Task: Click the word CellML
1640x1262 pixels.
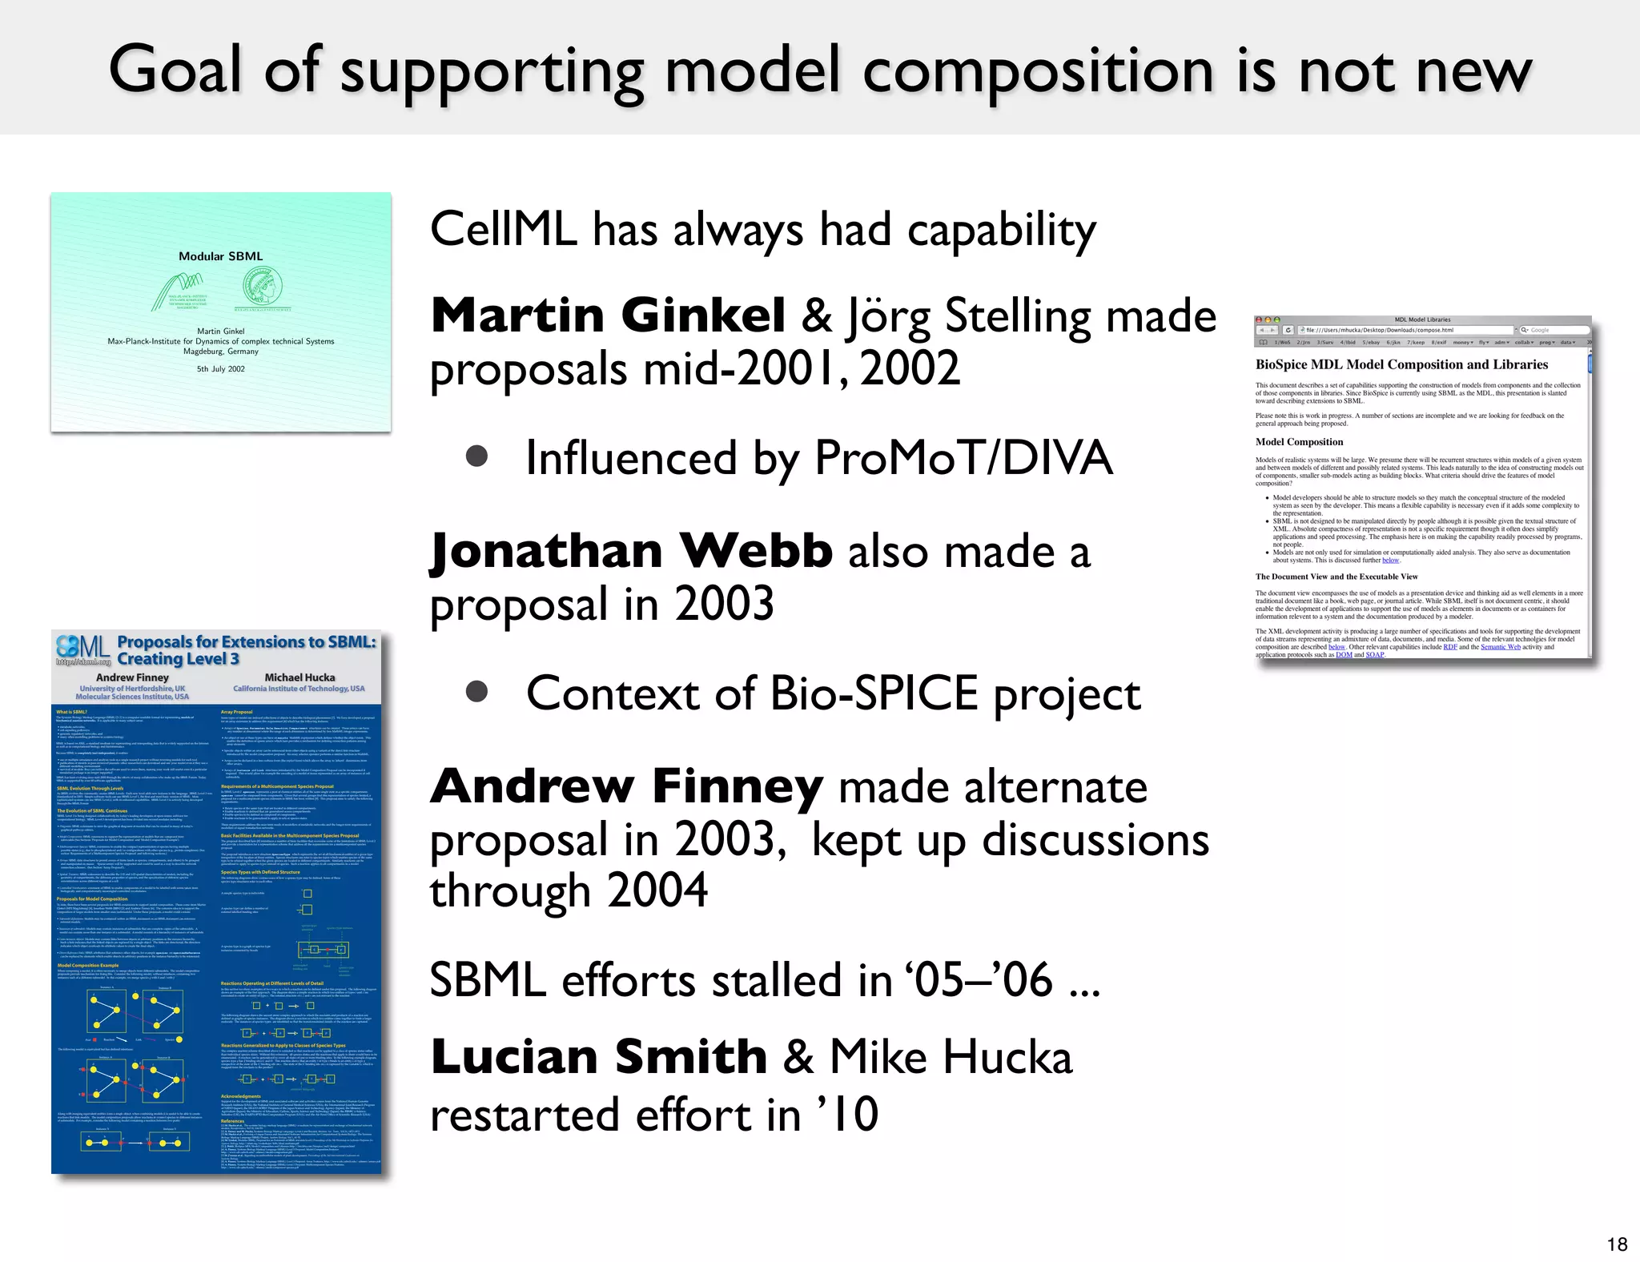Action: click(503, 230)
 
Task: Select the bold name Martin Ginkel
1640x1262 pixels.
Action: click(608, 315)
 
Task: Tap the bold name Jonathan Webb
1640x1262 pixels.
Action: click(631, 551)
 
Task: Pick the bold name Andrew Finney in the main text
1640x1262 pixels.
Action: click(626, 786)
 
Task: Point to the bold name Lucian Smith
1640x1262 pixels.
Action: click(599, 1056)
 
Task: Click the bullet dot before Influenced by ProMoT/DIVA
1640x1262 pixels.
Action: click(477, 456)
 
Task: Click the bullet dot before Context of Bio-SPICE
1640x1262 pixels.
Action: click(477, 691)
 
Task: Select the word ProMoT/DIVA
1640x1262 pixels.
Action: click(963, 458)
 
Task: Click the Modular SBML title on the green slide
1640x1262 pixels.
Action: click(220, 256)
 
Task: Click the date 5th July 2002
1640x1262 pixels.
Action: click(221, 369)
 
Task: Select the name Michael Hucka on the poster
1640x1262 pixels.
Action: click(299, 677)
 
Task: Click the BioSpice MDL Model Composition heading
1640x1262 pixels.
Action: click(1401, 364)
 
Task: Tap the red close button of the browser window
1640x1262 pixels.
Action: click(1259, 320)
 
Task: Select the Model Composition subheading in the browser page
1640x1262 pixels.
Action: click(1299, 442)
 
